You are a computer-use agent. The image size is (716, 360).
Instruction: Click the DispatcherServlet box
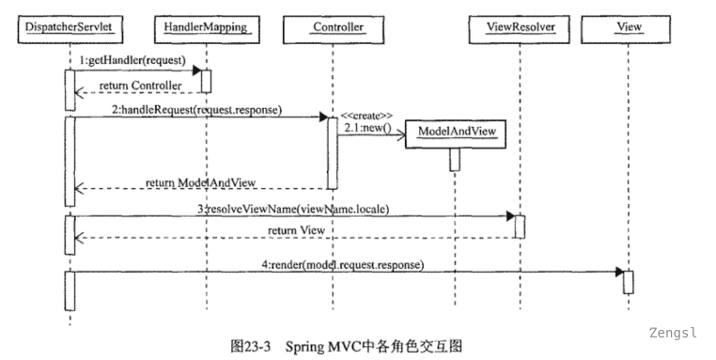68,27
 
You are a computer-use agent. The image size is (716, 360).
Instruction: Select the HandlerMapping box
206,27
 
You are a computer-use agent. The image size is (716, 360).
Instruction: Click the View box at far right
628,27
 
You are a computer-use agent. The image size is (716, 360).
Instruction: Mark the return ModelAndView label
200,180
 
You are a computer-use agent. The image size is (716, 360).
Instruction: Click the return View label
296,229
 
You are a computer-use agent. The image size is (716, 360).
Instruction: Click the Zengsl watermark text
673,333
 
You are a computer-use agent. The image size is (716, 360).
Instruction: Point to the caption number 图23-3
249,346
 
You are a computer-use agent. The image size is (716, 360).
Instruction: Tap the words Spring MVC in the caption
324,346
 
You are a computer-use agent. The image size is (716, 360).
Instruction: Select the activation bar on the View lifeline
628,281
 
